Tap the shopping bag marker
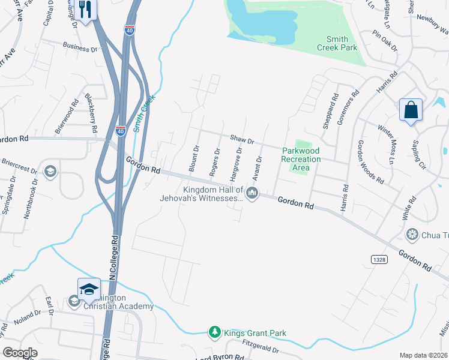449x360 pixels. click(411, 110)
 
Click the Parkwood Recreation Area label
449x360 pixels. click(301, 159)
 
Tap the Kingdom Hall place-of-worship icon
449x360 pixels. click(253, 193)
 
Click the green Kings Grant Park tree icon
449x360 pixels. click(214, 332)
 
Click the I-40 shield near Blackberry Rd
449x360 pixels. click(121, 130)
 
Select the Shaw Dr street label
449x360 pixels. click(243, 139)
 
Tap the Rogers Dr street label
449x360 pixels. click(214, 162)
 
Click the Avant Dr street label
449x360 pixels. click(257, 169)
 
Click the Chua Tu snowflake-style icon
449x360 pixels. click(412, 233)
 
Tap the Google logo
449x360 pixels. click(20, 353)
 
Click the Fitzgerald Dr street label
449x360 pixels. click(261, 347)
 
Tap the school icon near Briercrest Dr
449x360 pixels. click(50, 171)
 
